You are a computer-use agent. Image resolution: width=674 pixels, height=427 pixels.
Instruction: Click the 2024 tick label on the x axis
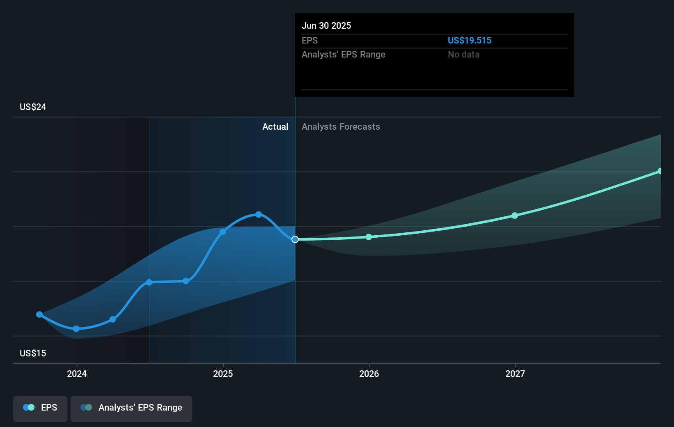point(77,374)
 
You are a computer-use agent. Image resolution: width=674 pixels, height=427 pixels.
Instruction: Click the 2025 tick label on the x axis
point(223,374)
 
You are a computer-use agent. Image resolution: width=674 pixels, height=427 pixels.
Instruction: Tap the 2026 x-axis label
point(369,374)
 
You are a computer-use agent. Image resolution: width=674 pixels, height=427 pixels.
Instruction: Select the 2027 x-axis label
point(515,374)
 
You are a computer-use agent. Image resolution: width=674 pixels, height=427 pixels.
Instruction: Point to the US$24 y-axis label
point(33,107)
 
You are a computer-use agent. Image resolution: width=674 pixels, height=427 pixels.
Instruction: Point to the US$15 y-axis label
point(33,354)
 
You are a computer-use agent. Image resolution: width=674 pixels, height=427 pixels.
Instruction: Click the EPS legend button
point(40,408)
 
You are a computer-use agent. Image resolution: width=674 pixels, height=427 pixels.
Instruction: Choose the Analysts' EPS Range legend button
point(131,408)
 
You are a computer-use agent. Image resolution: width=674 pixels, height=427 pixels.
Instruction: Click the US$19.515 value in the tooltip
point(469,41)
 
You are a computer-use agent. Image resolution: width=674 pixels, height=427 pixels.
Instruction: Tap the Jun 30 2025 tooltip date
point(326,26)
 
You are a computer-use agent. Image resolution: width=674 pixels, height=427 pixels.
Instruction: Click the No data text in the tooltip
point(463,55)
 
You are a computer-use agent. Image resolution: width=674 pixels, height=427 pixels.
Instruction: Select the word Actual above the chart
point(275,127)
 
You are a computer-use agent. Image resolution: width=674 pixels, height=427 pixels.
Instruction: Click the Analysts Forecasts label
point(341,127)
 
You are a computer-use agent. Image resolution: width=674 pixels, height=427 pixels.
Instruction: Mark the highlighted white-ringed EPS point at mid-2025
point(295,239)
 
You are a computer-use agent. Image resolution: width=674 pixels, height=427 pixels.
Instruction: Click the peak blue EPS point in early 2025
point(259,214)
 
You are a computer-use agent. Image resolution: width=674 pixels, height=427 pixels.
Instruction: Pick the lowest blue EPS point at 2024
point(76,328)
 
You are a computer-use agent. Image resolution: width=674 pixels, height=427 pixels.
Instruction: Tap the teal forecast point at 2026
point(369,237)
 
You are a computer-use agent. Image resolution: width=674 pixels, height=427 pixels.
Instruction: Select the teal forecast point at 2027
point(515,216)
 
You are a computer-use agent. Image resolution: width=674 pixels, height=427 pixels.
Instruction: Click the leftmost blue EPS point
point(39,315)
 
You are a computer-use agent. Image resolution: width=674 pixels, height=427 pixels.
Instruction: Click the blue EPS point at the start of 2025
point(222,232)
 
